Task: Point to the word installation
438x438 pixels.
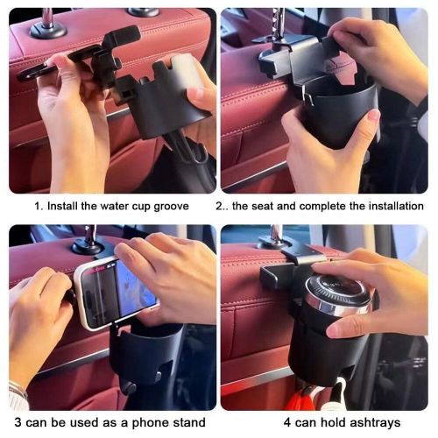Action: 392,206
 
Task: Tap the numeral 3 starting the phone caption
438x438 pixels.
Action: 16,423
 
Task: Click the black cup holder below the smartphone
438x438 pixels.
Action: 140,359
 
